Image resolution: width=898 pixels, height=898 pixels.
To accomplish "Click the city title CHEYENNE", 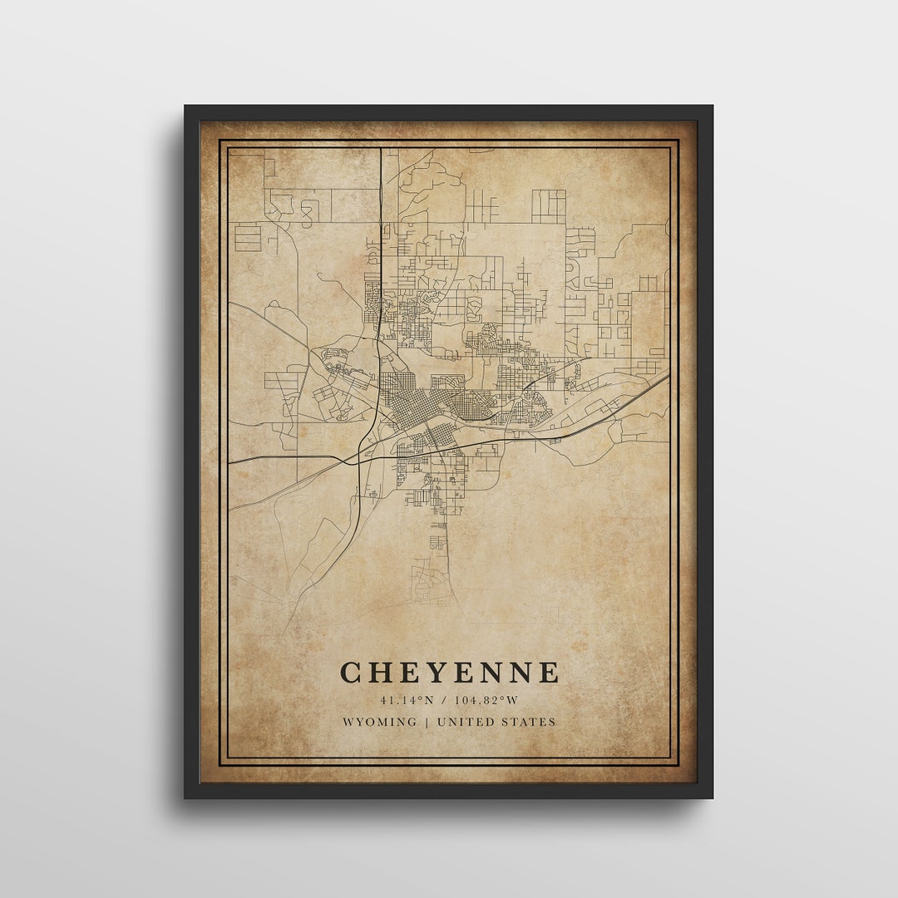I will click(449, 672).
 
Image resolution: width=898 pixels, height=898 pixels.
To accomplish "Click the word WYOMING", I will click(380, 722).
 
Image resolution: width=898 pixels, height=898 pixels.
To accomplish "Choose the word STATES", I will click(528, 722).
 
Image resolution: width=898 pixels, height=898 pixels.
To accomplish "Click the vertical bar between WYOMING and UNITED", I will click(427, 722).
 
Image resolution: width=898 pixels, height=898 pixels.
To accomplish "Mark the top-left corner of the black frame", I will click(185, 106).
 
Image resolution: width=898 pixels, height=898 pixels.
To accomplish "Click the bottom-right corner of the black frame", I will click(712, 797).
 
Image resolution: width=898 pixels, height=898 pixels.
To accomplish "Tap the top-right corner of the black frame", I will click(712, 106).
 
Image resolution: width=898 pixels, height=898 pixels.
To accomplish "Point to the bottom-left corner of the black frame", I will click(185, 797).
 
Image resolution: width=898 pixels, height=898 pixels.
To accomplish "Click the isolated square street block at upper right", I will click(548, 205).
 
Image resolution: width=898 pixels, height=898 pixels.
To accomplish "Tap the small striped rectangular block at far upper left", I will click(248, 238).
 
